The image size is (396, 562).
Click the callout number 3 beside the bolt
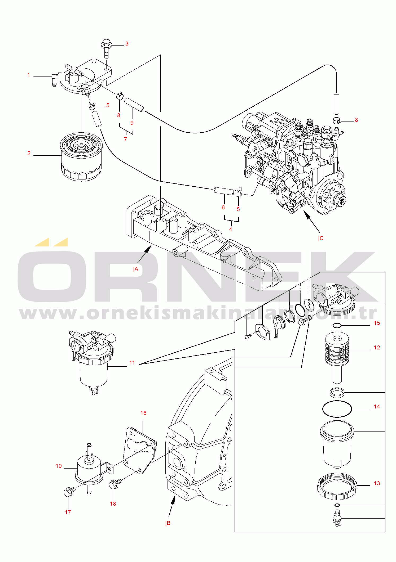127,44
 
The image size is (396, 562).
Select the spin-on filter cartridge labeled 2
81,157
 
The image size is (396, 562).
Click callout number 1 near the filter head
29,75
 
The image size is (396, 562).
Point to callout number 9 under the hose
132,123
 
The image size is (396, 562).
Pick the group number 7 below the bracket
126,139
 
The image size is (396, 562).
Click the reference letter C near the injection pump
321,238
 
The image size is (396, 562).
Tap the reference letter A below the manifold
136,269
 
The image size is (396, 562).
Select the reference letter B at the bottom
168,523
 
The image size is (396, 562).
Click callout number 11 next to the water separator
132,363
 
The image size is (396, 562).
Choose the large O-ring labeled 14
337,409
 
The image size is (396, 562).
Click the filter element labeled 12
337,357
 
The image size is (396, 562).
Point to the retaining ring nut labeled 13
337,487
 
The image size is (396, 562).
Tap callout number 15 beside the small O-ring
377,323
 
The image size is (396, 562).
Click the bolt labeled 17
70,492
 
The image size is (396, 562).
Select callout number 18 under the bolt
113,504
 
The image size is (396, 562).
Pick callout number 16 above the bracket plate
143,413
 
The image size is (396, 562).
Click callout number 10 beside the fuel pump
59,466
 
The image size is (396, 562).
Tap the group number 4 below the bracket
231,230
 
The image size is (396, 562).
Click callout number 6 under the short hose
223,208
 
